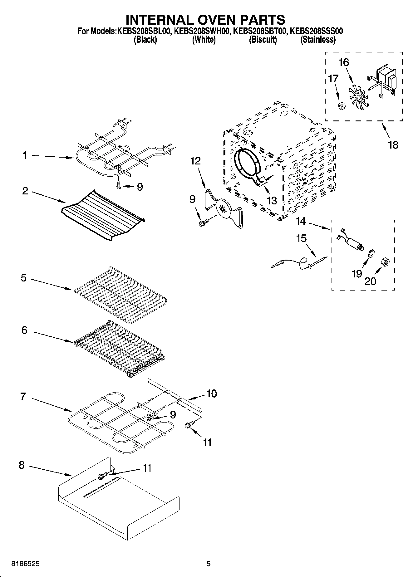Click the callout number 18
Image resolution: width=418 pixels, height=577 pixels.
point(393,145)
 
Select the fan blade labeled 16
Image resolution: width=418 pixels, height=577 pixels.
point(358,97)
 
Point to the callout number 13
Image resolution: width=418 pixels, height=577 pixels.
point(272,200)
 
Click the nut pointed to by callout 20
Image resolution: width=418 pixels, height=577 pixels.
point(385,263)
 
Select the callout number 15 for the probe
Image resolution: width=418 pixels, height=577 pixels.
point(301,238)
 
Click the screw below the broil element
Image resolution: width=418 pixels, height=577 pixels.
point(119,185)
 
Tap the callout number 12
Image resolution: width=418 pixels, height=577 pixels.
point(196,161)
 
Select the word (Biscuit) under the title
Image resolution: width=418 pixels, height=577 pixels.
point(263,40)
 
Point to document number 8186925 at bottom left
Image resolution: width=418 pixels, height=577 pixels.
point(26,564)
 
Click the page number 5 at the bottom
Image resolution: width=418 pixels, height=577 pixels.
point(209,564)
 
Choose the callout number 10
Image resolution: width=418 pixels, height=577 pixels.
point(211,394)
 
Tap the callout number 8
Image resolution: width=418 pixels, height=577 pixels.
point(22,465)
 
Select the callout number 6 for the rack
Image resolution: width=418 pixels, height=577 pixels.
point(24,330)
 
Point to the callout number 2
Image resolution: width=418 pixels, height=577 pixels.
point(25,191)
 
